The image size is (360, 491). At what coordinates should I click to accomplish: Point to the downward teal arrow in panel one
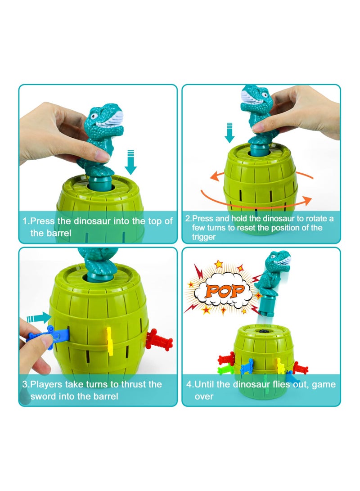click(131, 162)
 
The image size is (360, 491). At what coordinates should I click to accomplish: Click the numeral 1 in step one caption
click(25, 221)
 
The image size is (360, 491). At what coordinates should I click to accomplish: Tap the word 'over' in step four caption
click(204, 396)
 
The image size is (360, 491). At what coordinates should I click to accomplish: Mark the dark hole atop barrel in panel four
click(261, 330)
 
